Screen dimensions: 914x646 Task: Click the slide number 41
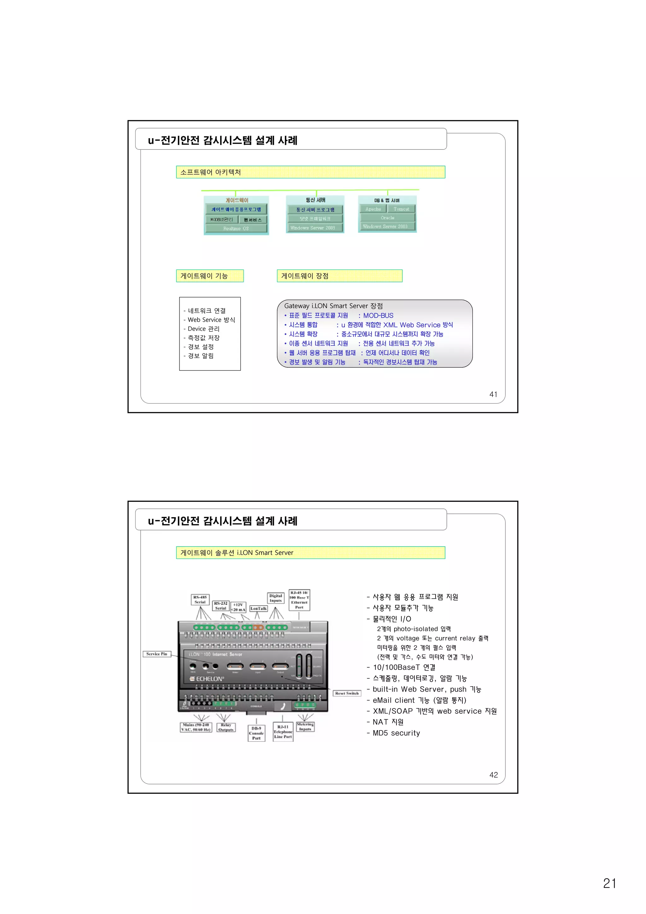493,394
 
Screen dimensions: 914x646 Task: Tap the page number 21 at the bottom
609,883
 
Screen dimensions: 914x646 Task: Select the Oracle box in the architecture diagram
387,218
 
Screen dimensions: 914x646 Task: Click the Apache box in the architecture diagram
373,209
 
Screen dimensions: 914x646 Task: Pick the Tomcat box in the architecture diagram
401,209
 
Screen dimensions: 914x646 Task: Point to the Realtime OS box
236,228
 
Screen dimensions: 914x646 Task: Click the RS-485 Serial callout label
200,600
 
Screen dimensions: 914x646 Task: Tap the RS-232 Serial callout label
220,606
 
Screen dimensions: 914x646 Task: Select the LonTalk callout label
258,608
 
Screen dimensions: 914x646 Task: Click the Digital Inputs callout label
275,598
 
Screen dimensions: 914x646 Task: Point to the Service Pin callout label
156,654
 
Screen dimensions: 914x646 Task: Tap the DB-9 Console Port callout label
256,733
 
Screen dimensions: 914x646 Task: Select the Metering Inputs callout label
305,727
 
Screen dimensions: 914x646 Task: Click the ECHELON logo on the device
207,679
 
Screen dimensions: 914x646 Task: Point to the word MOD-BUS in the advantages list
378,315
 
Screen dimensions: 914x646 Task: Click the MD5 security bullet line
396,733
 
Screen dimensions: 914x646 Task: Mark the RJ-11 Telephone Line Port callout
283,732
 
